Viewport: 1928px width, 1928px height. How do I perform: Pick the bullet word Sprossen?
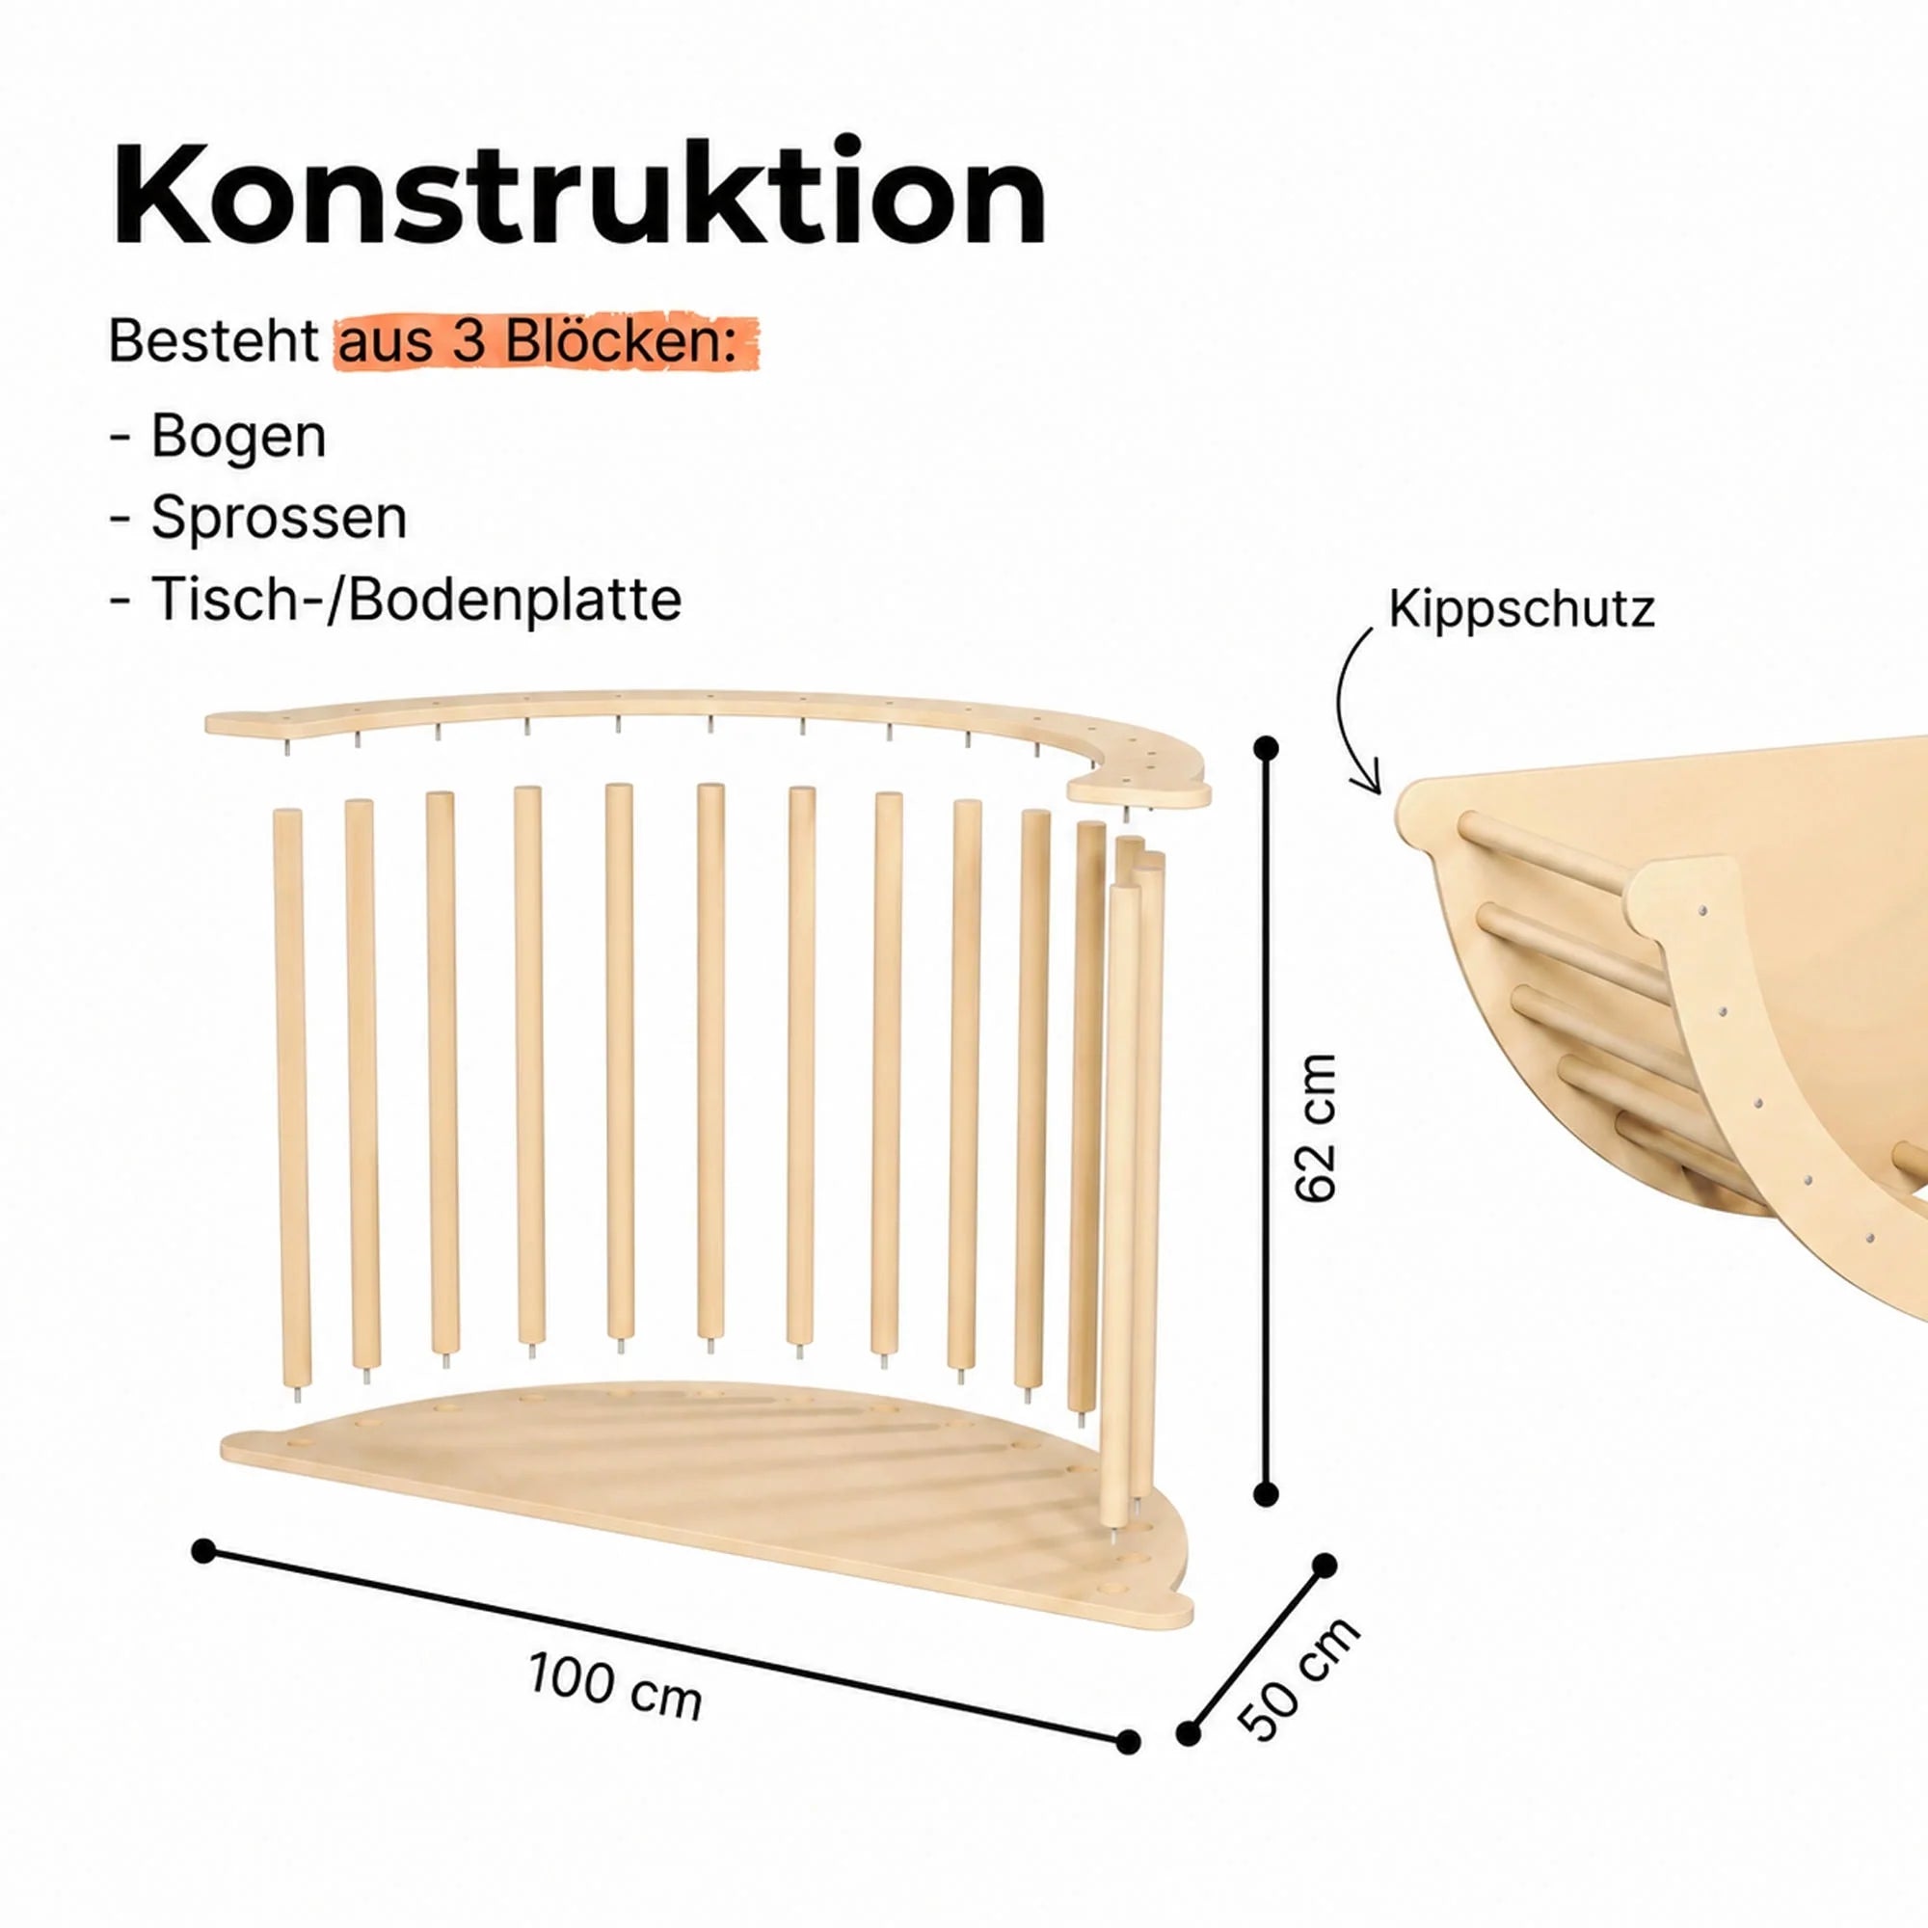279,519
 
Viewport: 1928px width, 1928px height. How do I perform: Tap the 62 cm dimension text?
1314,1128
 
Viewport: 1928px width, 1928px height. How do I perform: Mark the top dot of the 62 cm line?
1267,747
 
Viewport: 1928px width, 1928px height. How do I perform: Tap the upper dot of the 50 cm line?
1325,1566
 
